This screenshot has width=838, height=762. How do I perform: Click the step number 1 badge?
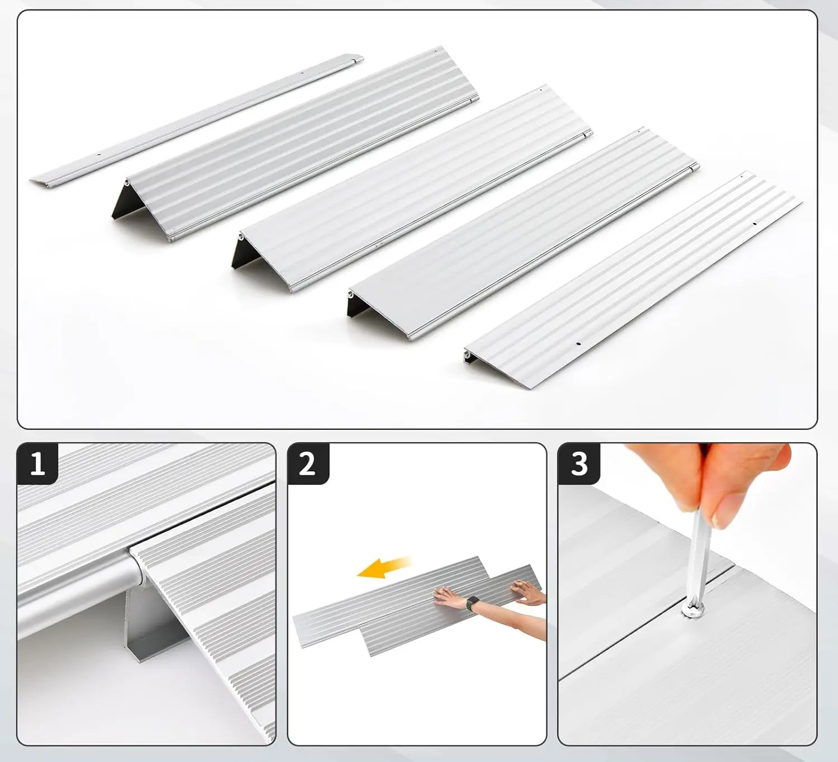click(x=37, y=463)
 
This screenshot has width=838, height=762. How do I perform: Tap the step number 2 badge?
click(x=308, y=463)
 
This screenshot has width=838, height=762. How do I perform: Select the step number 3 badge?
click(x=579, y=463)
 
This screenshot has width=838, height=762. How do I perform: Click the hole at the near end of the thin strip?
click(x=99, y=155)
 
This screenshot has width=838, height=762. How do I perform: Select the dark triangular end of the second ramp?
click(x=241, y=254)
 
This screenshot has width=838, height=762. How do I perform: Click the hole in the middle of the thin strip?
click(x=302, y=73)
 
